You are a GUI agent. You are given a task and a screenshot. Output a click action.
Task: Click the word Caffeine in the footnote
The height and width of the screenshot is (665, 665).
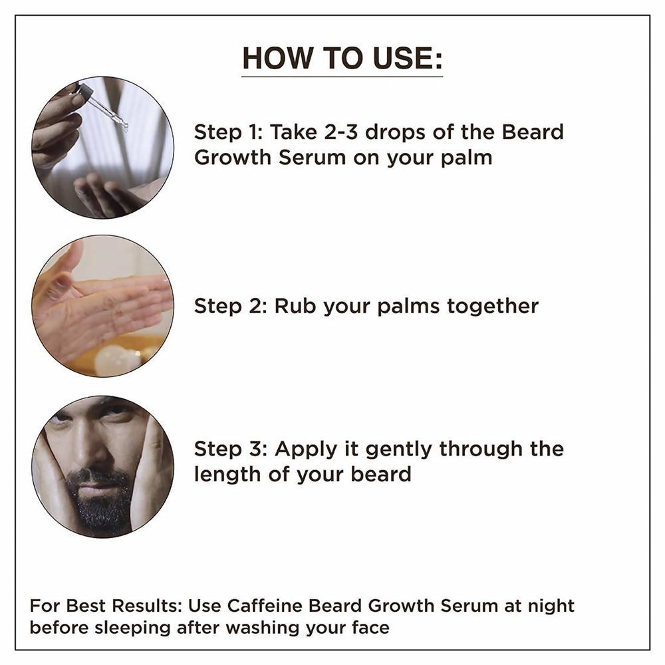tap(259, 606)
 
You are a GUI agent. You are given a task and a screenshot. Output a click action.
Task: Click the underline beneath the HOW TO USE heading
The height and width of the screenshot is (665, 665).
tap(342, 77)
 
